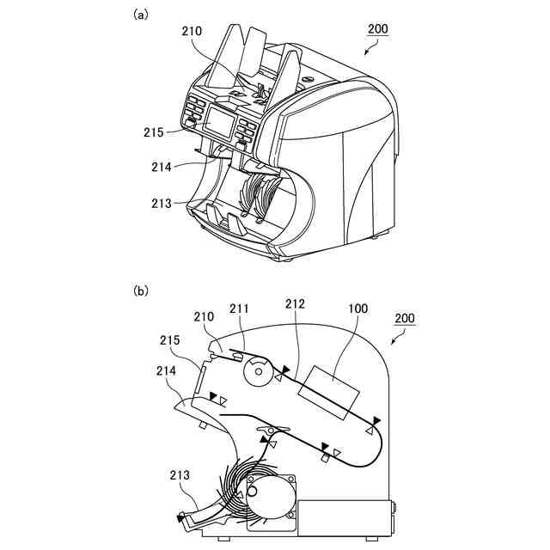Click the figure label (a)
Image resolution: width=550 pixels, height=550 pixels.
[141, 15]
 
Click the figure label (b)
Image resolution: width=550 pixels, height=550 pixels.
[141, 291]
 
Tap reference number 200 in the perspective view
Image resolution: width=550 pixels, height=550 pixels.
[377, 28]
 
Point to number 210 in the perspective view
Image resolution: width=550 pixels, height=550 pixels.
[192, 32]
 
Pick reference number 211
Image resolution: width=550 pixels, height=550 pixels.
[241, 307]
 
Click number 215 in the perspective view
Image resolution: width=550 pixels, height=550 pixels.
[153, 132]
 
